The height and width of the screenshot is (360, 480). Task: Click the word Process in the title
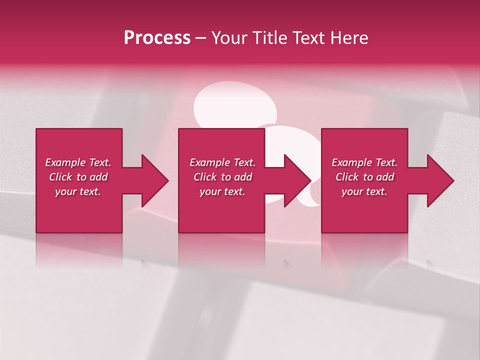click(x=157, y=38)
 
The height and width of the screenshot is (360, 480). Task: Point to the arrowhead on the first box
click(x=155, y=180)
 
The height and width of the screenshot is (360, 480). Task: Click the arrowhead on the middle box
click(x=297, y=180)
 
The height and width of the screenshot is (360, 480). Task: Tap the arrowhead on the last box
click(x=440, y=180)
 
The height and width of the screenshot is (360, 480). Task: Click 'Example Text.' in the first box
click(x=78, y=162)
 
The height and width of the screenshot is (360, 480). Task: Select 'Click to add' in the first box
click(x=78, y=177)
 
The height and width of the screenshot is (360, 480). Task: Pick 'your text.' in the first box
click(x=78, y=191)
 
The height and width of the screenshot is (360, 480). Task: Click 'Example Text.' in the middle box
click(x=222, y=162)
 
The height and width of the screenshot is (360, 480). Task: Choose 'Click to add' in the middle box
click(x=222, y=177)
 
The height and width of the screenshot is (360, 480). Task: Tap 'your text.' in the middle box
click(x=222, y=191)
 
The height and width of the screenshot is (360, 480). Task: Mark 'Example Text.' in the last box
click(x=364, y=162)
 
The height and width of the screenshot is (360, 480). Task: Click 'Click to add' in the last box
click(x=364, y=177)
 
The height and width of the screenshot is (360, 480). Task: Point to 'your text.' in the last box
click(x=364, y=191)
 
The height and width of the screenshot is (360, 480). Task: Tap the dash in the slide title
click(x=201, y=38)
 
